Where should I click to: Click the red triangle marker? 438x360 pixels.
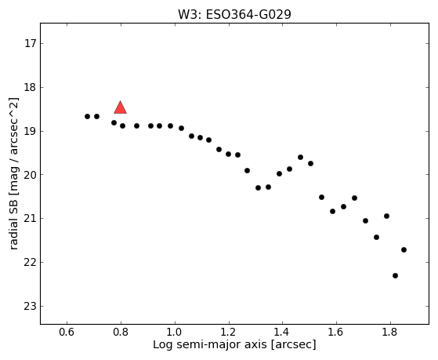coord(121,108)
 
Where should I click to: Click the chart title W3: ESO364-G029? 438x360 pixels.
coord(234,14)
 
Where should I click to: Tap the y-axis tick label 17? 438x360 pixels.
coord(30,44)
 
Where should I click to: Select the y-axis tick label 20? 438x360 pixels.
coord(30,175)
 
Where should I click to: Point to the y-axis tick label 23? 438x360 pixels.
coord(30,307)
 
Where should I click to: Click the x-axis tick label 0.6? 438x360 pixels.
coord(67,332)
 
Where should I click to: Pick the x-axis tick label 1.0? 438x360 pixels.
coord(175,332)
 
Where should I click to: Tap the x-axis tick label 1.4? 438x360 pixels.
coord(282,332)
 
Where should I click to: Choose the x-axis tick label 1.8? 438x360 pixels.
coord(390,332)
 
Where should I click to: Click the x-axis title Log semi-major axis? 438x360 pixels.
coord(210,345)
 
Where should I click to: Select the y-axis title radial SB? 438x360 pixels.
coord(13,226)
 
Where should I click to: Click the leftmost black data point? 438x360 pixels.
coord(87,116)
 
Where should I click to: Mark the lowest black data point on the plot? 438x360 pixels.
coord(395,275)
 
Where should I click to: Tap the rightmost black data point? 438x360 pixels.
coord(404,249)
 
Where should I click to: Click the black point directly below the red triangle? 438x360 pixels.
coord(122,125)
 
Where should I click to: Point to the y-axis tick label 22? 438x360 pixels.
coord(30,263)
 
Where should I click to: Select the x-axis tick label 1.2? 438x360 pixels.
coord(229,332)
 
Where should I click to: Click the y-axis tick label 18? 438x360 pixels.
coord(30,88)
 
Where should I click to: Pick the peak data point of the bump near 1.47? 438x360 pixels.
coord(300,157)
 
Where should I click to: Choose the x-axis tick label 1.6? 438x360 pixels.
coord(336,332)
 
